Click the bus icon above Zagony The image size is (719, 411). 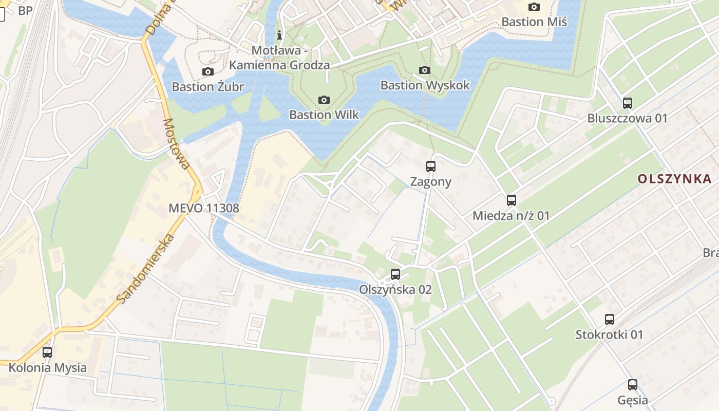click(430, 166)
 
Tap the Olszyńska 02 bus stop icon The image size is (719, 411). click(395, 274)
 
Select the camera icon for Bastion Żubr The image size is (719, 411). click(207, 71)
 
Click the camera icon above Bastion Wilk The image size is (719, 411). click(324, 100)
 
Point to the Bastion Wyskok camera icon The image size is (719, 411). click(425, 70)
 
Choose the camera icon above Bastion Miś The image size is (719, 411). click(534, 7)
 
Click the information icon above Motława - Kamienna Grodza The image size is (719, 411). click(279, 35)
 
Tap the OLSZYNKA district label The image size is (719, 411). click(674, 179)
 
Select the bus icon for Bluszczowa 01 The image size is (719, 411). click(627, 103)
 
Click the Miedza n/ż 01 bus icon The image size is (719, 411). click(511, 200)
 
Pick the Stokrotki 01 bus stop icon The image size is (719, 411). click(609, 320)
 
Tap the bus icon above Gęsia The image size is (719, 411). click(632, 385)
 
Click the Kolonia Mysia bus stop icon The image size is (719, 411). click(47, 352)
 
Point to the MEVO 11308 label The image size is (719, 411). click(204, 208)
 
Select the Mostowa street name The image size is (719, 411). click(176, 144)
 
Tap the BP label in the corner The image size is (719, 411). click(25, 11)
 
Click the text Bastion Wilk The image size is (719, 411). click(324, 115)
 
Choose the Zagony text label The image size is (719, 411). click(430, 181)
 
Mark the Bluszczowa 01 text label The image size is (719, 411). click(628, 118)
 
